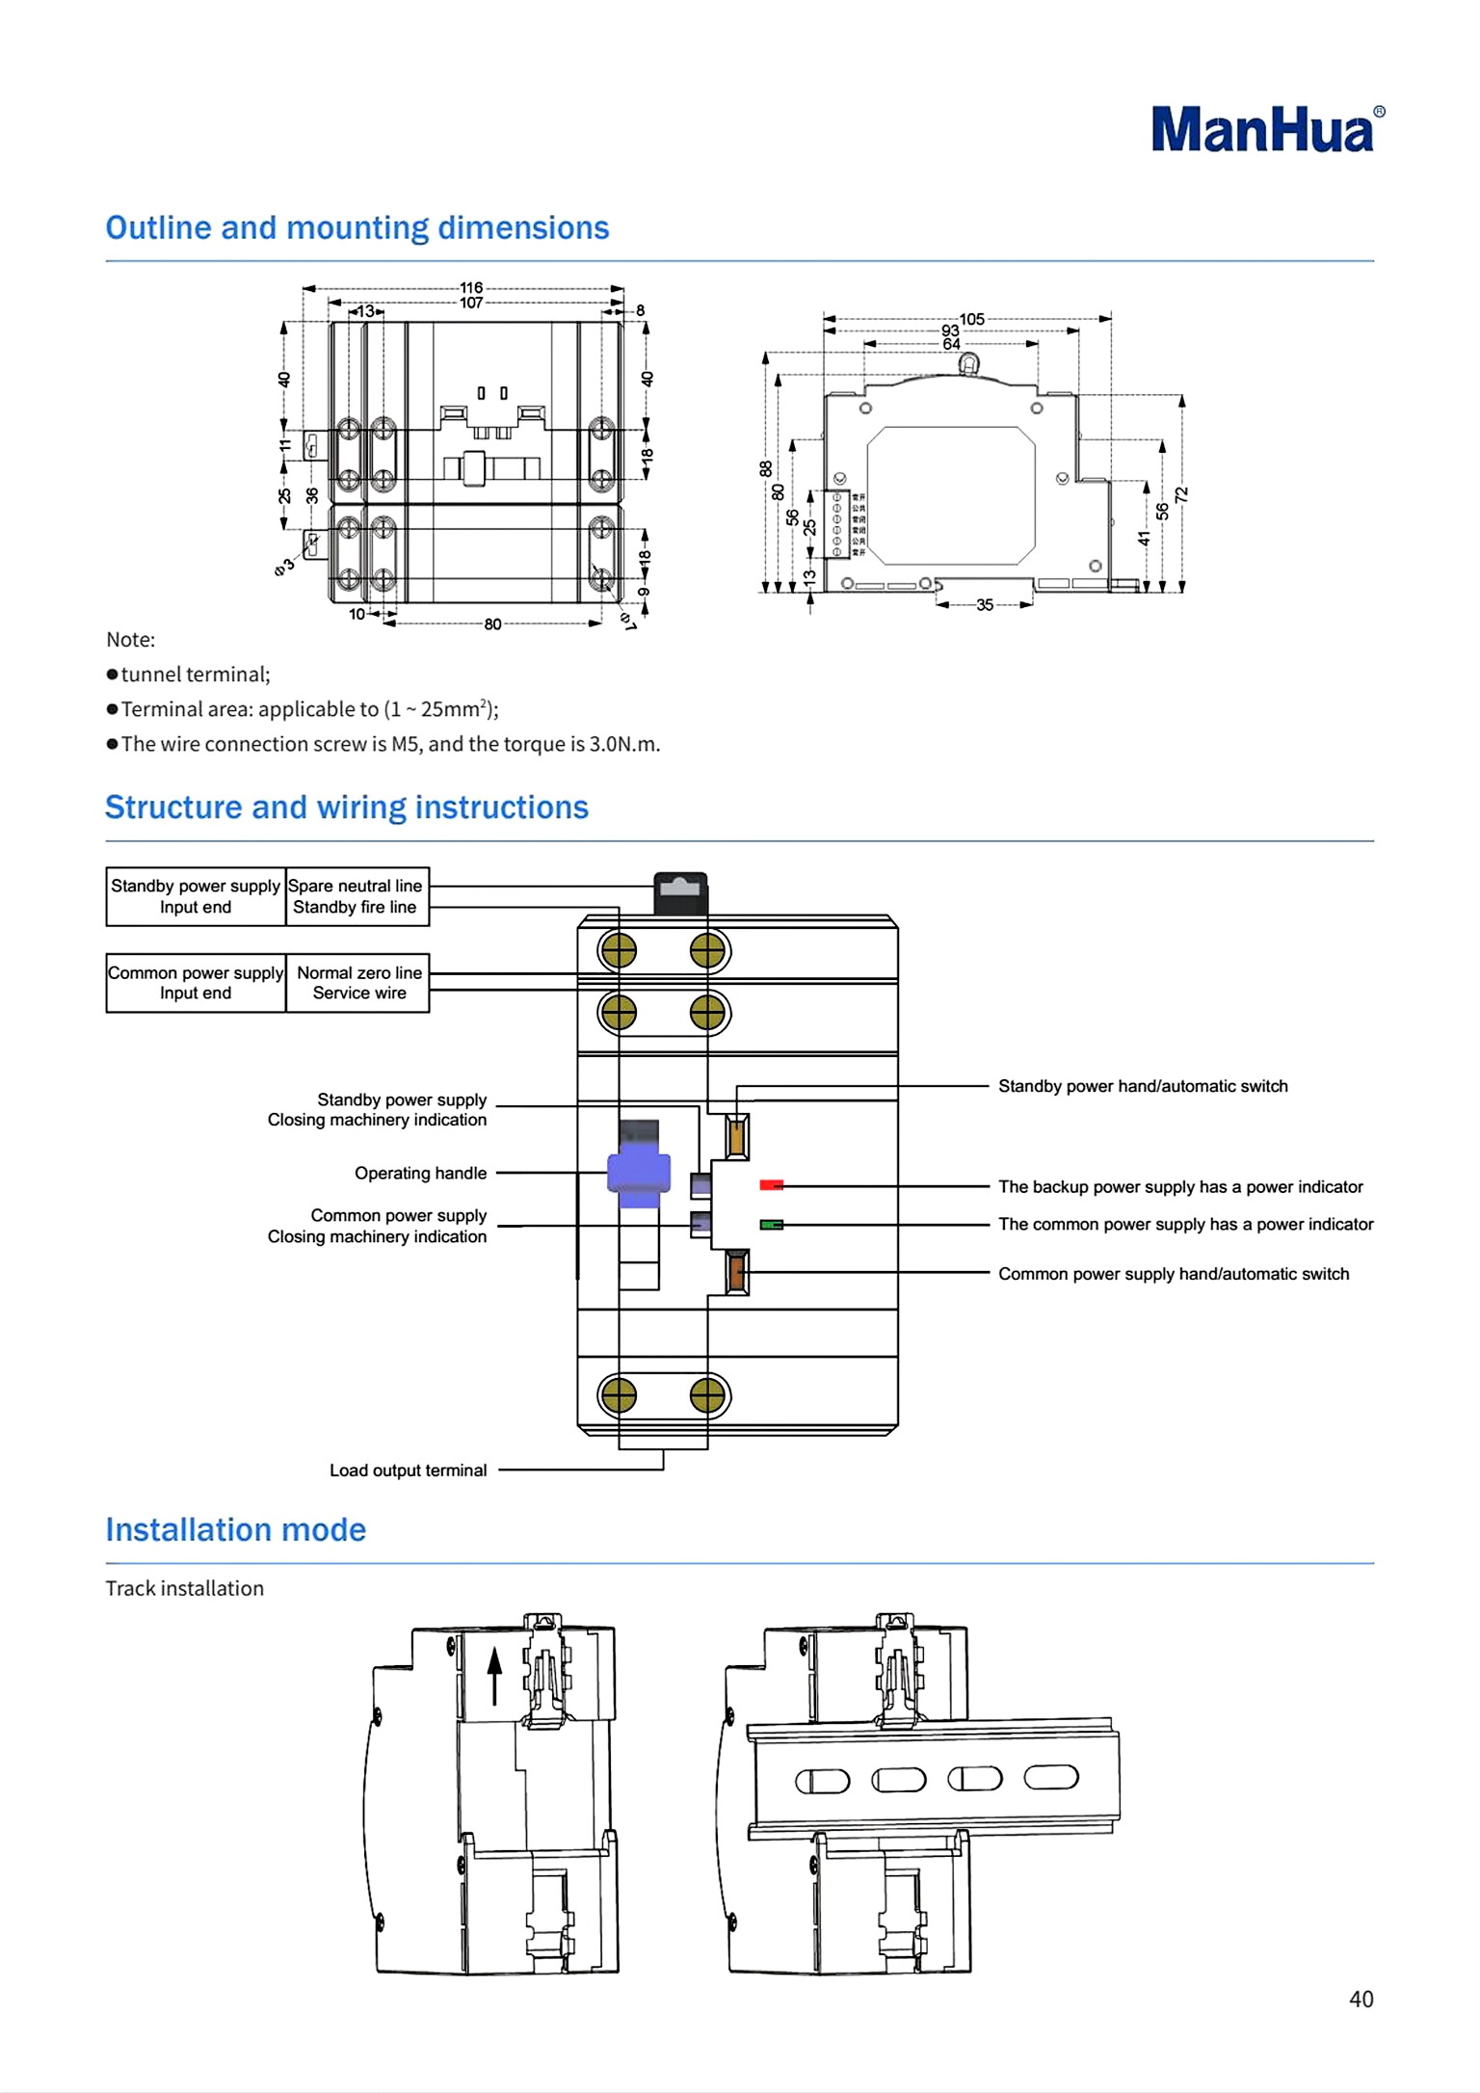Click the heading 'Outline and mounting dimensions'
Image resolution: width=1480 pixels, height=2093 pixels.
click(357, 228)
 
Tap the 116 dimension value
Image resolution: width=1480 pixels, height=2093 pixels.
click(471, 287)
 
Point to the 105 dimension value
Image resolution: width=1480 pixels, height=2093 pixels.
click(971, 319)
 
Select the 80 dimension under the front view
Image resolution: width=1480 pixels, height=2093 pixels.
click(492, 624)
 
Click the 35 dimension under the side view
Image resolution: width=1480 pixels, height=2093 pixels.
click(984, 605)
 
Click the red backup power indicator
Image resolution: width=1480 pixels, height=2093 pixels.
click(771, 1185)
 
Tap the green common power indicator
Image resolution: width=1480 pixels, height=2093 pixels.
click(771, 1225)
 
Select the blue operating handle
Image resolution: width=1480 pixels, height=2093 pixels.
click(638, 1173)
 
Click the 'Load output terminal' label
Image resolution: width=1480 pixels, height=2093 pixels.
click(408, 1470)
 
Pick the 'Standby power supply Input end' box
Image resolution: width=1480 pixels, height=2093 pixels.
click(196, 896)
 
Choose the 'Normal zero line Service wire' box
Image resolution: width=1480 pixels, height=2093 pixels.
click(358, 983)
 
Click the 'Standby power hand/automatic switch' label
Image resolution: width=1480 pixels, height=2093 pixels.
click(1143, 1086)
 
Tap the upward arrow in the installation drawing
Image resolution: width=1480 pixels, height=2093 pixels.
click(494, 1675)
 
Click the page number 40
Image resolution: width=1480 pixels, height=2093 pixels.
click(1361, 2000)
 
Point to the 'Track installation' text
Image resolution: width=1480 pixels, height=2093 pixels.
click(184, 1588)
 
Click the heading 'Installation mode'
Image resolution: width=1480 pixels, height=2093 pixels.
click(236, 1530)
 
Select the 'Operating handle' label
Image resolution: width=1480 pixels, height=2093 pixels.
click(420, 1173)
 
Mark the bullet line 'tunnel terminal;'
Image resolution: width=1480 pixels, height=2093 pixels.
click(196, 675)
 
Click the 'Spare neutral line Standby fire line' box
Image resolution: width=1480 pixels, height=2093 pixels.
click(357, 896)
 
